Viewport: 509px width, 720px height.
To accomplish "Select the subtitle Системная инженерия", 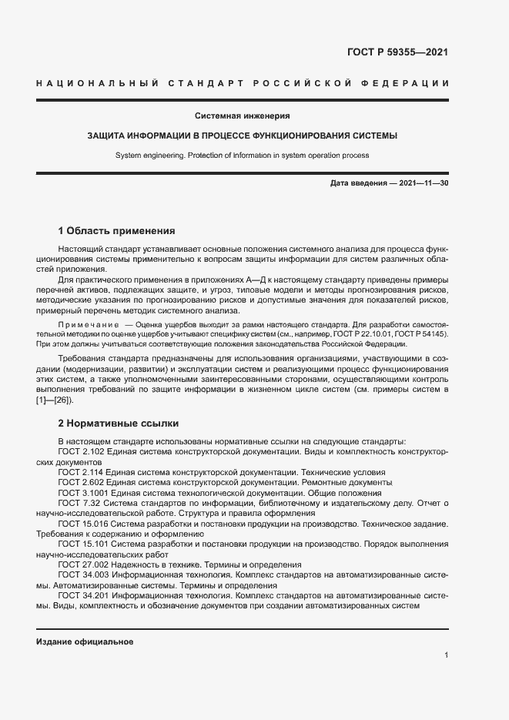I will (x=243, y=116).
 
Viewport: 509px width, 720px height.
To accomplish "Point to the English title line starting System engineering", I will (x=243, y=155).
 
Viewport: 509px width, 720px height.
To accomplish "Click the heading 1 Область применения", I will (x=117, y=230).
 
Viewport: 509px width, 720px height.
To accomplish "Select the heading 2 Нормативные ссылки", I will (x=119, y=423).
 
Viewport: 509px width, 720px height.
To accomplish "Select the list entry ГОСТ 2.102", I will (x=82, y=450).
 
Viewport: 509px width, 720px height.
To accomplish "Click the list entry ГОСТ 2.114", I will (x=82, y=472).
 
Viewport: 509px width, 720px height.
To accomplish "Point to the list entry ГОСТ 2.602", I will (x=82, y=482).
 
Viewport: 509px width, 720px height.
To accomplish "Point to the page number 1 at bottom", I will (x=447, y=655).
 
